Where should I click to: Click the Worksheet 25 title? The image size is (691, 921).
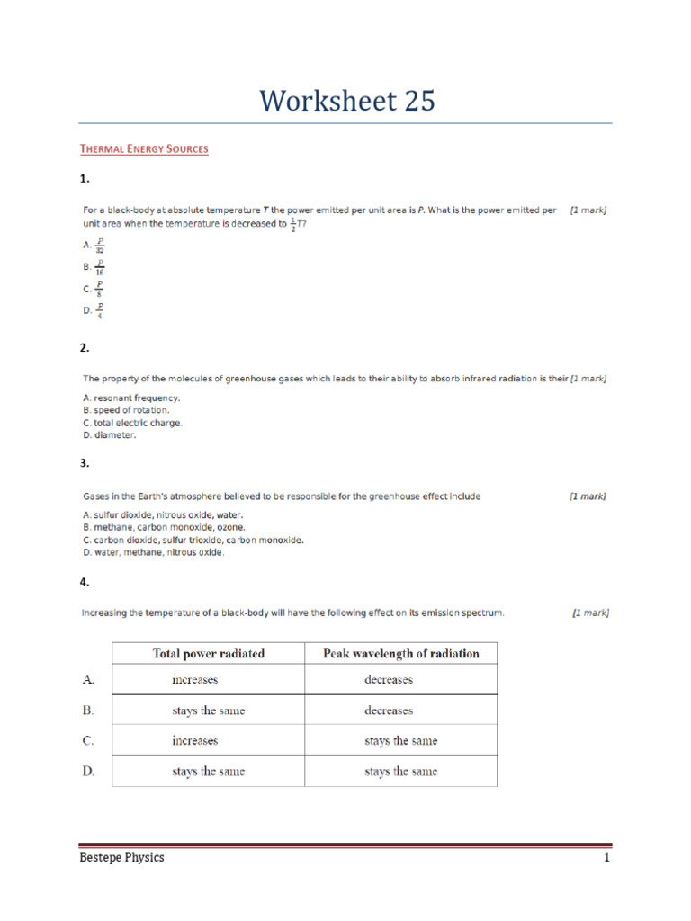[346, 101]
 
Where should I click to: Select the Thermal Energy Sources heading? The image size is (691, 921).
[144, 148]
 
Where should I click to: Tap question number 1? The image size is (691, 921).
[85, 179]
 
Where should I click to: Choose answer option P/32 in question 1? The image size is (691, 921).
[94, 245]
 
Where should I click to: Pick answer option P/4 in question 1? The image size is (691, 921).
[94, 310]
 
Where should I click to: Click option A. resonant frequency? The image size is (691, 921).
[131, 398]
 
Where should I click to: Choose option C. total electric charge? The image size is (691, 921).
[132, 423]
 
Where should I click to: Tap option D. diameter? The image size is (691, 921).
[110, 435]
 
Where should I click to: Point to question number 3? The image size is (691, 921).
[85, 463]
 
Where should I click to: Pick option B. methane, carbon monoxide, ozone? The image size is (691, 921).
[164, 527]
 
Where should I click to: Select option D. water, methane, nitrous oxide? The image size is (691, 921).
[153, 552]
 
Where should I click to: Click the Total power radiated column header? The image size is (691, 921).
[209, 654]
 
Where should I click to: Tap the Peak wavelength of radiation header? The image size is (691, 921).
[400, 654]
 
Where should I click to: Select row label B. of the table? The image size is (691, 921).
[88, 711]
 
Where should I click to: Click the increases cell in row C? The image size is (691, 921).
[195, 741]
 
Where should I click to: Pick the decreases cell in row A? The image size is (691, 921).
[389, 680]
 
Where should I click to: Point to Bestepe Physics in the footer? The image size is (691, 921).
[122, 858]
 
